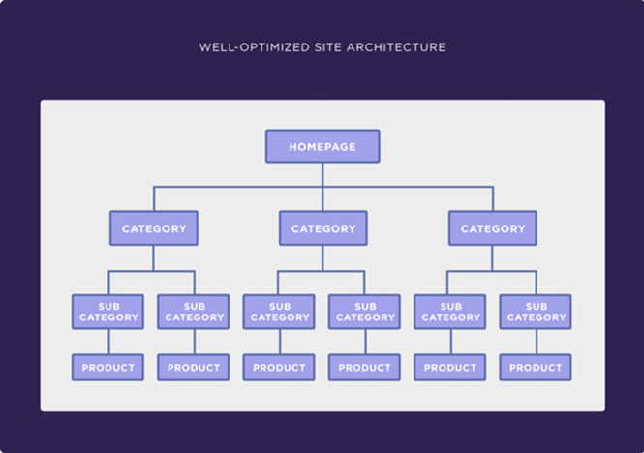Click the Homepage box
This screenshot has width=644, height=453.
[322, 146]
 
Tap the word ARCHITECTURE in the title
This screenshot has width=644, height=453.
[396, 47]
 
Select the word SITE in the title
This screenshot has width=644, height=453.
[327, 47]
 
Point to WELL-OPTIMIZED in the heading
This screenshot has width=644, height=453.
[255, 47]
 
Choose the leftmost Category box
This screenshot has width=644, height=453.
[154, 228]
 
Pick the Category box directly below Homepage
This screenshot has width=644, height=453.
[323, 228]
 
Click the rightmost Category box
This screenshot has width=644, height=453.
[493, 228]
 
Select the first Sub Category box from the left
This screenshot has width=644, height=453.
[108, 312]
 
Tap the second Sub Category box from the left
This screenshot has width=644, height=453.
[194, 312]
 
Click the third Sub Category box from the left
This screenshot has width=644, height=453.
[279, 312]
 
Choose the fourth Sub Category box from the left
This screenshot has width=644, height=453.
[364, 312]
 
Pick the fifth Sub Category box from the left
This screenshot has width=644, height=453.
[449, 312]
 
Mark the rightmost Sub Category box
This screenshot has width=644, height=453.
[536, 312]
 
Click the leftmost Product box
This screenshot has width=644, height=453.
[108, 367]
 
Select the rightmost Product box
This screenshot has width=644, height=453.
[536, 367]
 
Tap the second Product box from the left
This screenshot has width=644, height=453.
[194, 367]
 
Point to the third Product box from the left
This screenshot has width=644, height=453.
[279, 367]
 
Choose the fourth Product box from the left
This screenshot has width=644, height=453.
[364, 367]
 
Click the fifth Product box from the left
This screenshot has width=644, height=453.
[449, 367]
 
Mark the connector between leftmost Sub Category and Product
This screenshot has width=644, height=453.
[108, 342]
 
